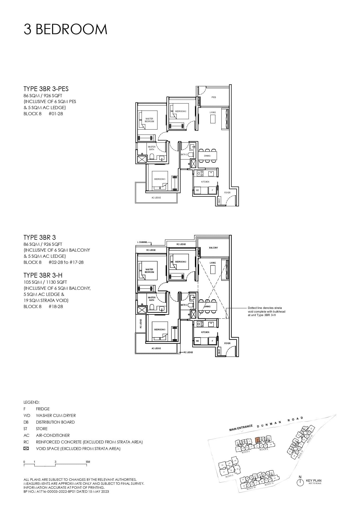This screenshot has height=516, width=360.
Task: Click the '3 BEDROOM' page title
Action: pyautogui.click(x=65, y=29)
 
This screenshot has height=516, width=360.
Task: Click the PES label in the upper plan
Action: pyautogui.click(x=214, y=97)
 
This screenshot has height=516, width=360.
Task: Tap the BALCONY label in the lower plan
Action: pyautogui.click(x=214, y=248)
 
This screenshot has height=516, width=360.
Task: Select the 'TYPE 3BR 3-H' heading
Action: pyautogui.click(x=43, y=275)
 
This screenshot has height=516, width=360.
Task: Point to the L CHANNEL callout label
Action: pyautogui.click(x=142, y=242)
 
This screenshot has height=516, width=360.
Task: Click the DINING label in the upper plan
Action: pyautogui.click(x=207, y=156)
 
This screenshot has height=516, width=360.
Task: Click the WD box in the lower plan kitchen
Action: pyautogui.click(x=197, y=341)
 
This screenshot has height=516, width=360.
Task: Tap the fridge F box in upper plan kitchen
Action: pyautogui.click(x=212, y=190)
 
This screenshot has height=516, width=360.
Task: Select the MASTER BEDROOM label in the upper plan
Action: pyautogui.click(x=149, y=120)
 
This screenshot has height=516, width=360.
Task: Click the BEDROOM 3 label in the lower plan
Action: pyautogui.click(x=160, y=330)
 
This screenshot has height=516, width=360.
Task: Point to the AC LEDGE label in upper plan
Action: pyautogui.click(x=156, y=198)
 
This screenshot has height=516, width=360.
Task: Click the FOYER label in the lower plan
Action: pyautogui.click(x=227, y=343)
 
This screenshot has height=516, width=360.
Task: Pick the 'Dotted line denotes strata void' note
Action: pyautogui.click(x=266, y=312)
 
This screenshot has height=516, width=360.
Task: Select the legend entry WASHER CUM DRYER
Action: pyautogui.click(x=56, y=416)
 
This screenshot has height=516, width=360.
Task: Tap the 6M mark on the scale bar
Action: pyautogui.click(x=88, y=462)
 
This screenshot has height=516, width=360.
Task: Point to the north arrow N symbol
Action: pyautogui.click(x=300, y=482)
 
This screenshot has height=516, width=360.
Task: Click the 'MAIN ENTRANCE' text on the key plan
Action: pyautogui.click(x=241, y=428)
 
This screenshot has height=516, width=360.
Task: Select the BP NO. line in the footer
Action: pyautogui.click(x=66, y=491)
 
